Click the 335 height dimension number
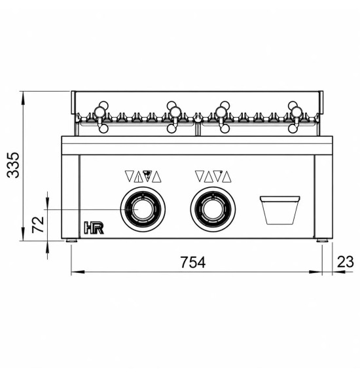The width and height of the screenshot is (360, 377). pos(13,165)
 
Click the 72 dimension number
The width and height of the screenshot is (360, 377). pos(38,224)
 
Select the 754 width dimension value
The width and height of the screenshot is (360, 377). pos(193,262)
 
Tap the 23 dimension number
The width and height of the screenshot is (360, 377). pos(346,262)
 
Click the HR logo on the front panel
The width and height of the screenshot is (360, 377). pos(94,228)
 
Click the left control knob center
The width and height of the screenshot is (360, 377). pos(143,209)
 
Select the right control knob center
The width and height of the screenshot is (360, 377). pos(213,209)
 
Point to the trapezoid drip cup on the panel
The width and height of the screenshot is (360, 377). pos(280,210)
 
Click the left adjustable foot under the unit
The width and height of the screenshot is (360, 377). pos(71,240)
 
